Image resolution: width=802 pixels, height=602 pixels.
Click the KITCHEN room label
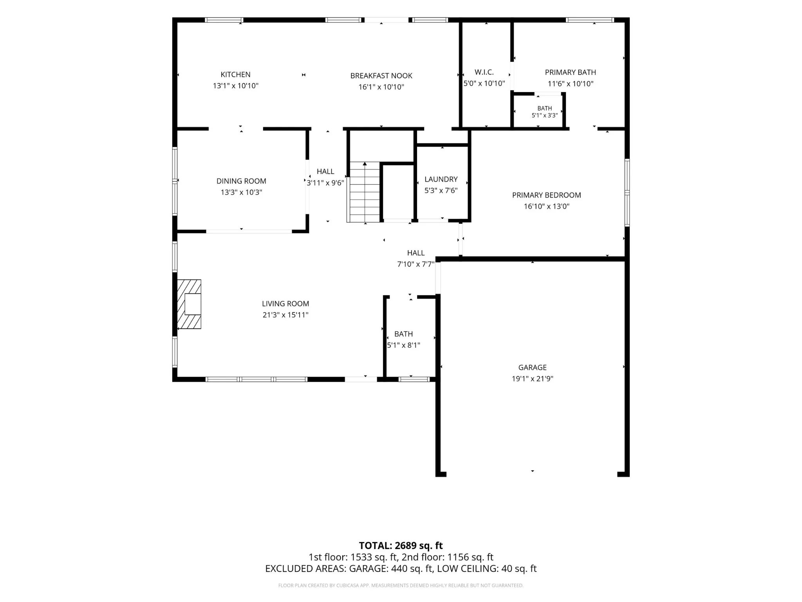pos(235,74)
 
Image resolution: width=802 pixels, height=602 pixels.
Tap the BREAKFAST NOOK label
pos(381,76)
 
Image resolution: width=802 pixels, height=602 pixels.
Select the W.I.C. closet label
pos(484,72)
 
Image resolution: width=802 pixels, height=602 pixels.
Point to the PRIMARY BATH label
pos(571,72)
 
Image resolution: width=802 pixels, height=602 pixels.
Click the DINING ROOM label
pos(241,181)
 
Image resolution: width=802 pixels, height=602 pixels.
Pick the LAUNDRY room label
pos(441,179)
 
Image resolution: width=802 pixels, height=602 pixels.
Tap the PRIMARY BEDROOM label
pos(547,195)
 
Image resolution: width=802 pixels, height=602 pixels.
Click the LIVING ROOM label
pos(285,304)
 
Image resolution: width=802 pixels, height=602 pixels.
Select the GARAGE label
pos(533,368)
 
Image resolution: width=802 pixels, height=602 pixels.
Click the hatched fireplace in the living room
pos(190,304)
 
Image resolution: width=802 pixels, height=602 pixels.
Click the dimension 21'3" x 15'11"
pos(285,315)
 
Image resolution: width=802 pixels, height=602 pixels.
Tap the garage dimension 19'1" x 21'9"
pos(533,379)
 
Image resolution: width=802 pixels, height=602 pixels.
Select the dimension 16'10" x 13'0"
pos(547,206)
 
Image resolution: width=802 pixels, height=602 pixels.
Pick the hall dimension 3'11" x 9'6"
pos(325,183)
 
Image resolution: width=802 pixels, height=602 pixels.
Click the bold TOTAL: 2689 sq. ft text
pos(401,546)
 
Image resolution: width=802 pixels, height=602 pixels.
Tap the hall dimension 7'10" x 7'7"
pos(416,264)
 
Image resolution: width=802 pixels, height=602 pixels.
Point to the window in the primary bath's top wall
pos(590,20)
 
